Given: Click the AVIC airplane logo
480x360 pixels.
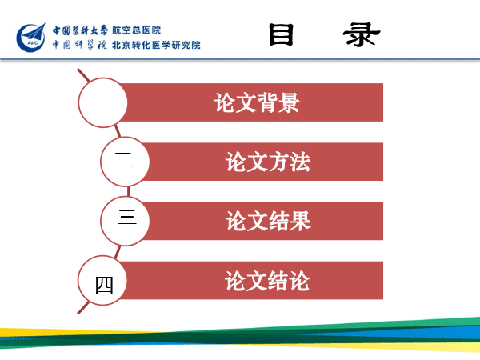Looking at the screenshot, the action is click(31, 38).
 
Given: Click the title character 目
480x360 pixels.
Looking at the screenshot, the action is click(282, 34).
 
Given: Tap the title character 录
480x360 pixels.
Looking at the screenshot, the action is click(362, 34).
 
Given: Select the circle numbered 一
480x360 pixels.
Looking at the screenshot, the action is click(103, 102).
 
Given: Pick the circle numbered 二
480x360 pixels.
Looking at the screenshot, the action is click(125, 162).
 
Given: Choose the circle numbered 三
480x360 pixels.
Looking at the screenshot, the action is click(125, 221).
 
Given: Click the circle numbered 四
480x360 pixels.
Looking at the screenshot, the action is click(103, 280).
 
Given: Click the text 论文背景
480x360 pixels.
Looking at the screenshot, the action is click(257, 102).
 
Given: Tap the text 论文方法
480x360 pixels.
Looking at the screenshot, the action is click(268, 162).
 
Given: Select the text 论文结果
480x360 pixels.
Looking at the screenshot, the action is click(268, 221).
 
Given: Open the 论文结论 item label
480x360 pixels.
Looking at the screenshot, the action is click(267, 281).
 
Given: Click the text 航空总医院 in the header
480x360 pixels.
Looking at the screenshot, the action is click(137, 30).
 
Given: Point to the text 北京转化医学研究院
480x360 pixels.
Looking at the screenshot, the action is click(156, 45).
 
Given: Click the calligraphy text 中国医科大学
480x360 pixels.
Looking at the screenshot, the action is click(80, 30).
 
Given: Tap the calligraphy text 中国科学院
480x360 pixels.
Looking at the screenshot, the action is click(79, 45).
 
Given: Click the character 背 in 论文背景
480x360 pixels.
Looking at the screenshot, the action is click(267, 102).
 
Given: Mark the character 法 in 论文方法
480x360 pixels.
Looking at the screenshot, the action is click(300, 162).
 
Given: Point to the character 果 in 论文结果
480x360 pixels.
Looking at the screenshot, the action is click(301, 221).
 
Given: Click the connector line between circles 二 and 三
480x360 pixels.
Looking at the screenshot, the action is click(129, 191).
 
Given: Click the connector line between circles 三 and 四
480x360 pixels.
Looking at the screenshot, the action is click(118, 252).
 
